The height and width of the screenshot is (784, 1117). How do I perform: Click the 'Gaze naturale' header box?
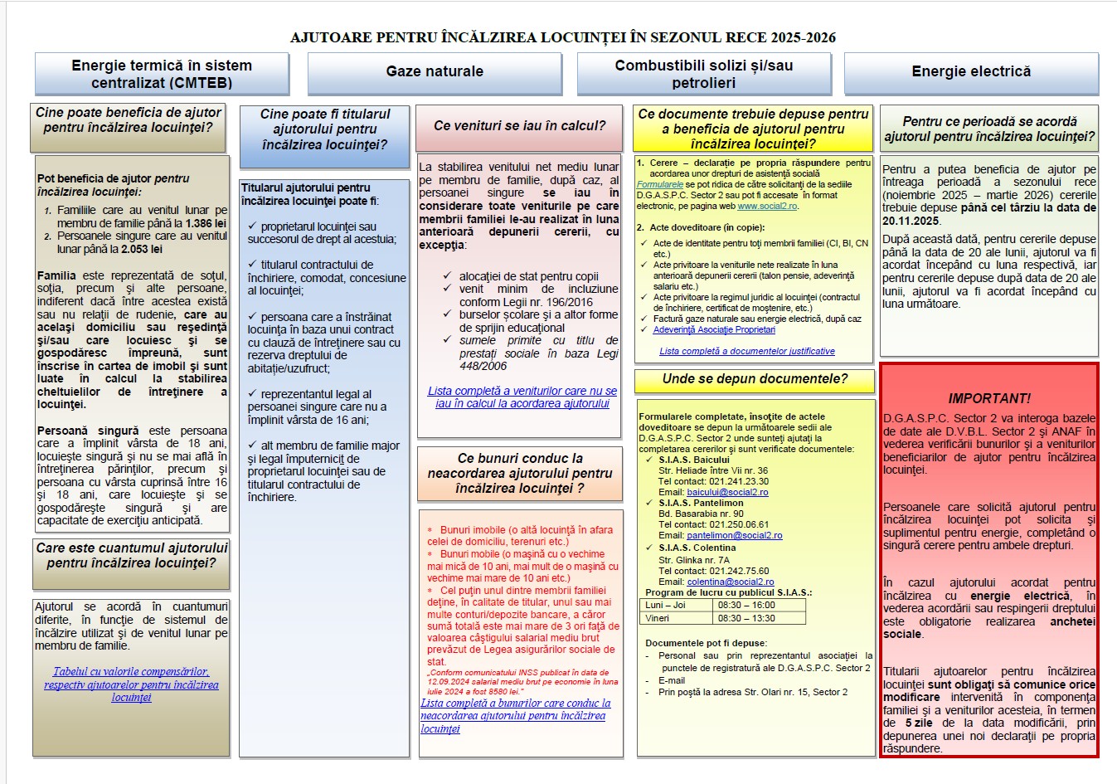(x=435, y=71)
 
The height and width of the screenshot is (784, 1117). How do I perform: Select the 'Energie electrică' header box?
(x=971, y=71)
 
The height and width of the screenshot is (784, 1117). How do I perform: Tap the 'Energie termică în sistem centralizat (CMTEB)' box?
(x=162, y=74)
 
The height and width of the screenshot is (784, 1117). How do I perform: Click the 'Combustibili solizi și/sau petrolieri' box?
(x=704, y=74)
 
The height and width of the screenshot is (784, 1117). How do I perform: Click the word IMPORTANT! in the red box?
(x=989, y=398)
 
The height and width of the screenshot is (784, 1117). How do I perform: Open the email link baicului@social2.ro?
(x=727, y=492)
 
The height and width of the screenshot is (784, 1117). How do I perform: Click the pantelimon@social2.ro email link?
(x=734, y=535)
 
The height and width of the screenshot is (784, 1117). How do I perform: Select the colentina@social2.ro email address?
(x=730, y=582)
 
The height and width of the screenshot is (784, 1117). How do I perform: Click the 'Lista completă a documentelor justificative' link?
(x=746, y=351)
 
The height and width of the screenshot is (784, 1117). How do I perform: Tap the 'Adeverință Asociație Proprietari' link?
(x=714, y=329)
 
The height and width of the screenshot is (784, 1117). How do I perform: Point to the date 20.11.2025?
(x=911, y=221)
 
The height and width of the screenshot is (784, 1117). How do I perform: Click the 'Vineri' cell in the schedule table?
(x=658, y=618)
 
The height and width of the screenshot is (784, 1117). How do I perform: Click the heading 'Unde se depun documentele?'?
(x=755, y=379)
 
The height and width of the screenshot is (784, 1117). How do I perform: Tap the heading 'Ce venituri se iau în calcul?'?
(x=519, y=126)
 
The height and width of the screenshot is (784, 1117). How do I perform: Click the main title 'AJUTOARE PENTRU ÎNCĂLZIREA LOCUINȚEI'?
(x=562, y=37)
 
